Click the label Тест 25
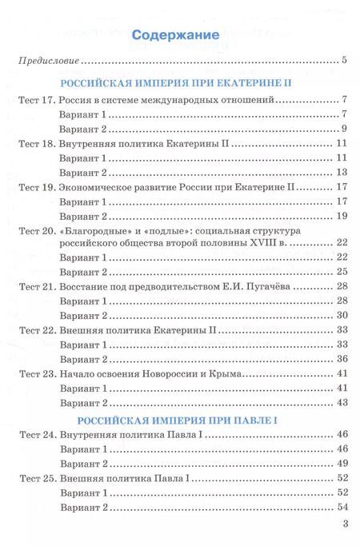coord(34,478)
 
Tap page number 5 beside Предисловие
coord(343,60)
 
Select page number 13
coord(341,172)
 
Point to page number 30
coord(341,316)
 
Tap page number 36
coord(341,359)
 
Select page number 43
coord(341,402)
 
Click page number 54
coord(341,507)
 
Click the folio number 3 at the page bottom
coord(344,525)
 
